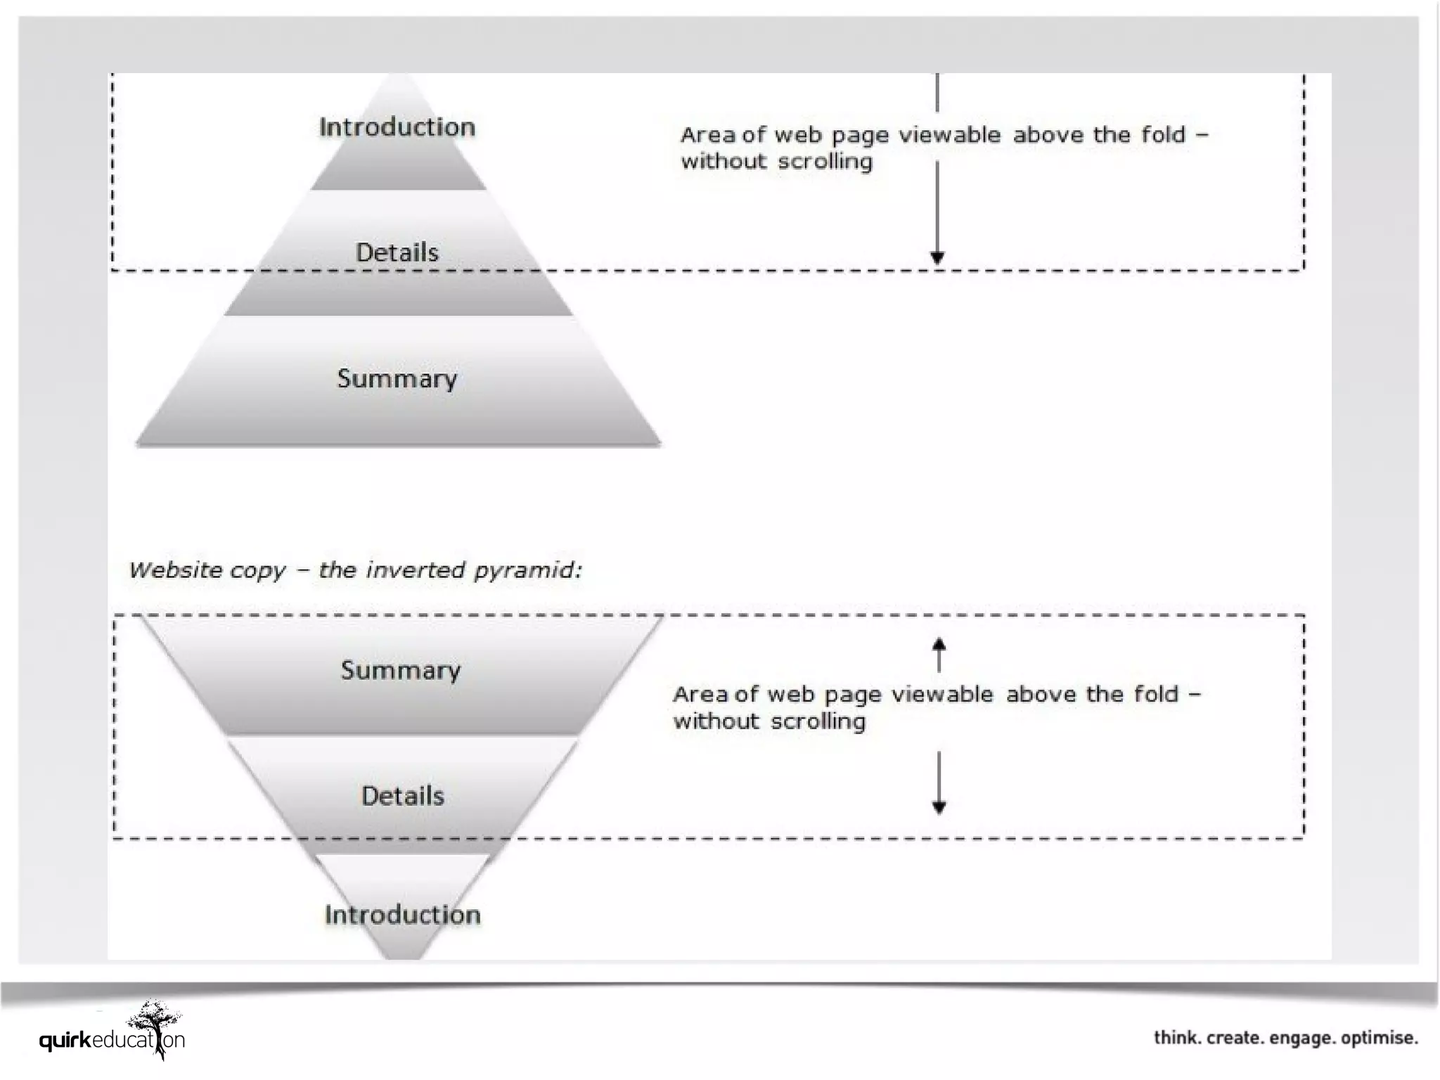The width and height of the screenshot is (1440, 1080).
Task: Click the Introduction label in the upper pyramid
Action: click(x=397, y=127)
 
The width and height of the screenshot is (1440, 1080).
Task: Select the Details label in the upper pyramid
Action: click(x=397, y=252)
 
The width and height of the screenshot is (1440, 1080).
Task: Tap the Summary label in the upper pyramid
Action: click(x=397, y=379)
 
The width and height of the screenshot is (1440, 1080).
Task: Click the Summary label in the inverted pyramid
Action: click(x=401, y=670)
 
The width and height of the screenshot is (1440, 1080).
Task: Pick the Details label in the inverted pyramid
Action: click(x=403, y=796)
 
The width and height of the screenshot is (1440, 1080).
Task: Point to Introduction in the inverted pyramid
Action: click(x=403, y=915)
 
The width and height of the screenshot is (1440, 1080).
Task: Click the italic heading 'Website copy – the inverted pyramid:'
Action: click(x=356, y=570)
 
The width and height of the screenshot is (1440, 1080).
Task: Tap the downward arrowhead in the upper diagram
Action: click(x=937, y=257)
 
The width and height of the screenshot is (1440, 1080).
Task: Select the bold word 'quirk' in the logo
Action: click(x=65, y=1040)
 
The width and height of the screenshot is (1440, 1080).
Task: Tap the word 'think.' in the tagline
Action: click(x=1178, y=1038)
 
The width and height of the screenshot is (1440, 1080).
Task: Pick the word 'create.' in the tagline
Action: click(x=1234, y=1038)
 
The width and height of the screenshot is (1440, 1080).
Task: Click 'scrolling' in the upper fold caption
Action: click(x=825, y=162)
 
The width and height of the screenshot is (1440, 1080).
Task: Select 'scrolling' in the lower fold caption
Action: click(x=818, y=721)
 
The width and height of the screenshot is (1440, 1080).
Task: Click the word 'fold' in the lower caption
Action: click(x=1156, y=695)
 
